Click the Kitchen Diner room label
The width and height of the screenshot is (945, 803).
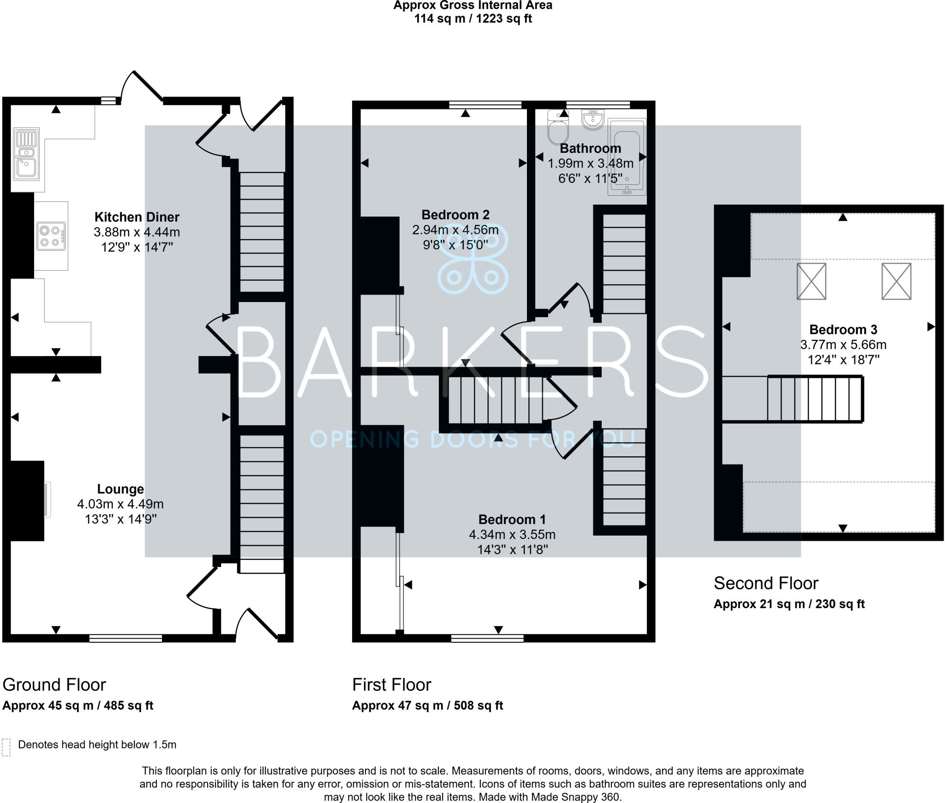[x=137, y=217]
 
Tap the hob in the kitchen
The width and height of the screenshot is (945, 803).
[x=51, y=235]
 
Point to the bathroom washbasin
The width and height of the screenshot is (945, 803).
[x=593, y=120]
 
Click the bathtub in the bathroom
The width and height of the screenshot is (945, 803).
[x=627, y=157]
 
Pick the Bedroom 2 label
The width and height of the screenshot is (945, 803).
[x=455, y=215]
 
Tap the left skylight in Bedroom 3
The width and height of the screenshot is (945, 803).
[x=811, y=281]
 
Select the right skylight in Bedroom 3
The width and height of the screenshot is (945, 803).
[x=896, y=281]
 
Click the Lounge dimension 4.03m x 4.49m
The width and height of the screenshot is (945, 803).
[x=120, y=504]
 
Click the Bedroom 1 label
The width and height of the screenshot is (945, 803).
[x=512, y=519]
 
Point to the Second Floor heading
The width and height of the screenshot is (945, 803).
[x=766, y=583]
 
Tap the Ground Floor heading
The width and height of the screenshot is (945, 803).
[x=54, y=684]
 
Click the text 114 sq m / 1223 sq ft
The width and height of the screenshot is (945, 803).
[x=472, y=19]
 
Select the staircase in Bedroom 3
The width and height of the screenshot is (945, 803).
[x=814, y=399]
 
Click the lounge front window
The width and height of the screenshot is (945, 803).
[x=126, y=638]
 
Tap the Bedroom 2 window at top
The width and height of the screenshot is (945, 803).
[x=485, y=105]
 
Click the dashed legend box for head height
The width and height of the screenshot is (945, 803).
[x=6, y=747]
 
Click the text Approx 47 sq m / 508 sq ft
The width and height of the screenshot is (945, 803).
[x=427, y=706]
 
